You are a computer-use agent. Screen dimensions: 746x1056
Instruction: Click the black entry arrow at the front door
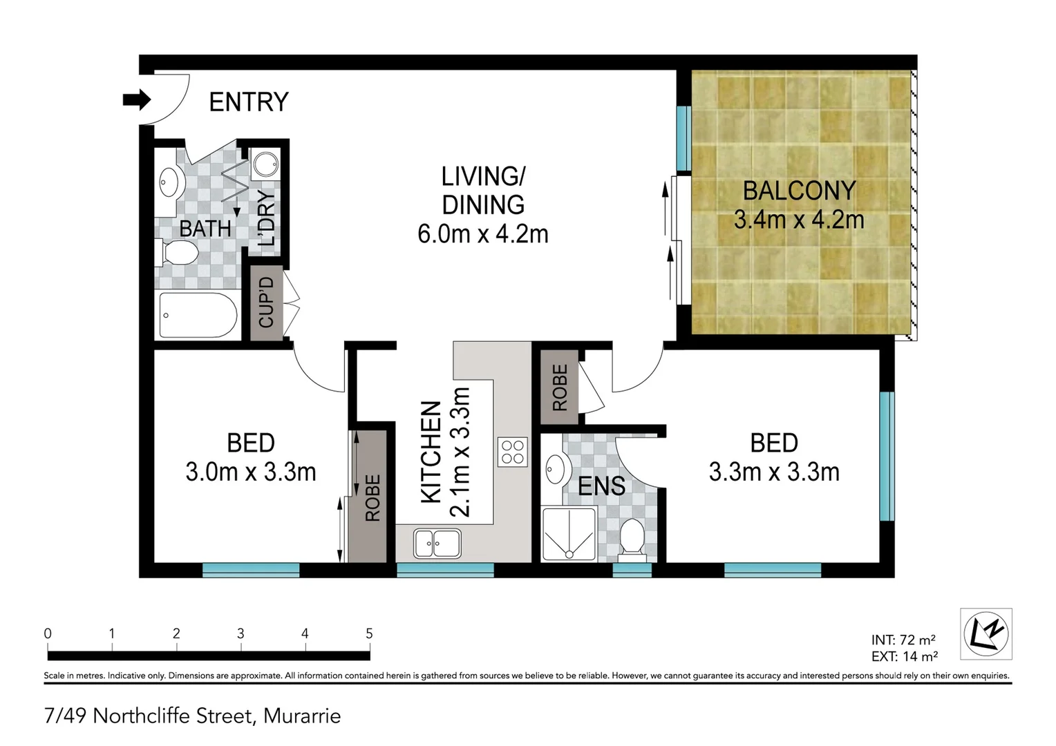tap(136, 99)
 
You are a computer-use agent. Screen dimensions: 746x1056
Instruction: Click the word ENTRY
tap(248, 102)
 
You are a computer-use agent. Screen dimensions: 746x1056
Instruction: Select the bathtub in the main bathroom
tap(198, 316)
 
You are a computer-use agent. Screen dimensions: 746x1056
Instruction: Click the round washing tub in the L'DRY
tap(265, 164)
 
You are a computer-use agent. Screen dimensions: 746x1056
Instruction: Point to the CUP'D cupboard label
tap(267, 303)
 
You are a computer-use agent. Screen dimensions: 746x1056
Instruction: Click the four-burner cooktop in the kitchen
tap(512, 452)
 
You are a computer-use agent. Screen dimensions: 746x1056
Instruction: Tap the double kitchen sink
tap(437, 543)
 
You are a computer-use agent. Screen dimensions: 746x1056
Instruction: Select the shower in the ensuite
tap(568, 534)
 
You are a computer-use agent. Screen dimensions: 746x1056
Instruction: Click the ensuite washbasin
tap(554, 469)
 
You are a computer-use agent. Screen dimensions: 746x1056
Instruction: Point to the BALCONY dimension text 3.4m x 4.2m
tap(798, 220)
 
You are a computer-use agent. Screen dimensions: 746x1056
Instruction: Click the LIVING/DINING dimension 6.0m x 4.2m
tap(482, 234)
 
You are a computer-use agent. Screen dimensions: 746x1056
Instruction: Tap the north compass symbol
tap(986, 633)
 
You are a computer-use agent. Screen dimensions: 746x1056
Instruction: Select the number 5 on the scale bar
tap(369, 633)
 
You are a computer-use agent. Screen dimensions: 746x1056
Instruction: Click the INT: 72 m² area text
tap(903, 640)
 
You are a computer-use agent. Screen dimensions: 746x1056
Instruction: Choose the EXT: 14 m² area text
tap(904, 656)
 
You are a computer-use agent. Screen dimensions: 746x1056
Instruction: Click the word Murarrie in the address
tap(302, 716)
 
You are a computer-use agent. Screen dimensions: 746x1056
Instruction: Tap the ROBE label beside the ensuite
tap(560, 388)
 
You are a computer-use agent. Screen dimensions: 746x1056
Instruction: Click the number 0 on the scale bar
tap(48, 633)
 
